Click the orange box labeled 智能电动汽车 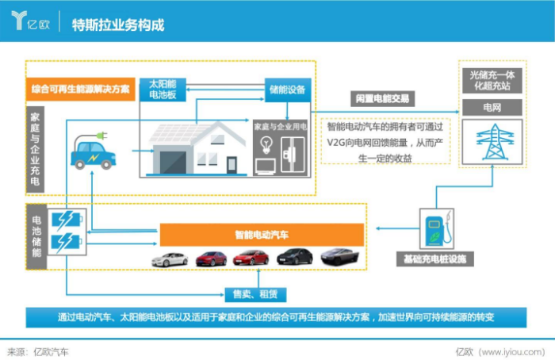[x=262, y=235]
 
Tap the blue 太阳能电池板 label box [x=162, y=88]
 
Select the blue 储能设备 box [x=287, y=89]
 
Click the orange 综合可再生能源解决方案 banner [x=81, y=89]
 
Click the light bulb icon [x=267, y=145]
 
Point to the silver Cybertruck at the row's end [x=339, y=256]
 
